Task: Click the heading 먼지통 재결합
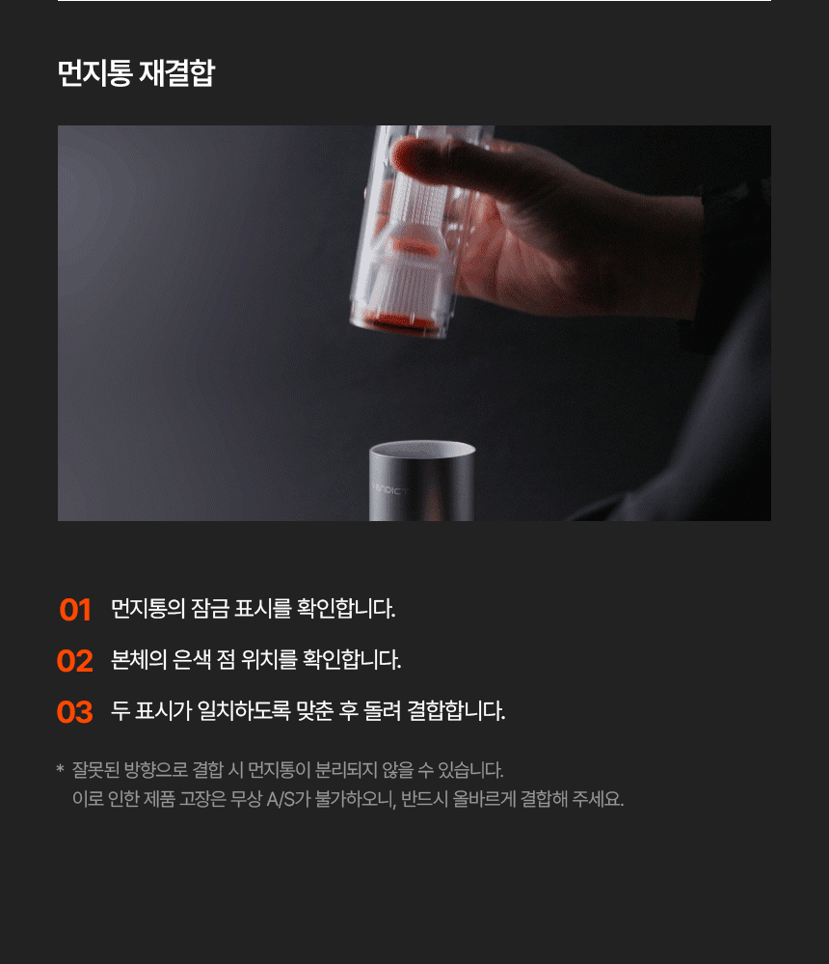tap(136, 73)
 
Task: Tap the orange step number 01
tap(75, 610)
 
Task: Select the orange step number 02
tap(75, 661)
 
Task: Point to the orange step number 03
tap(75, 712)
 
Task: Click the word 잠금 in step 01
tap(209, 609)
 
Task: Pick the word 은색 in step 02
tap(192, 660)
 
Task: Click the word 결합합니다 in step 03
tap(456, 711)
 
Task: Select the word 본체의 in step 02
tap(139, 660)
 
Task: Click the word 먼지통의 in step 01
tap(148, 609)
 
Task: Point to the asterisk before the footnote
tap(60, 768)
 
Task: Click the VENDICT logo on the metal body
tap(389, 489)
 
